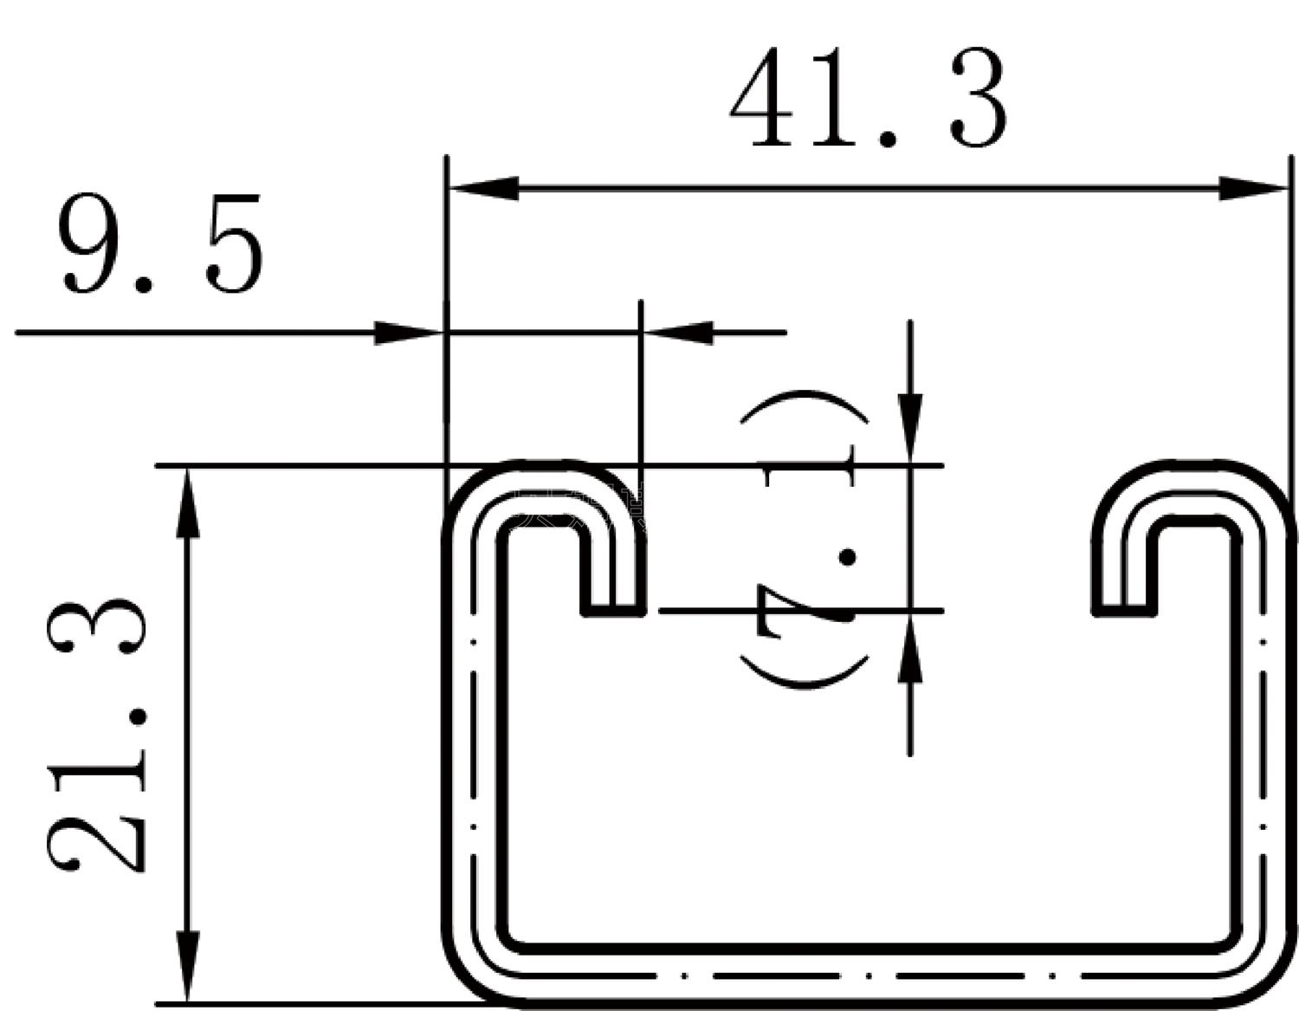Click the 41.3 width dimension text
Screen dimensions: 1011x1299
[869, 99]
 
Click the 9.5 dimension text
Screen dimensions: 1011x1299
[161, 245]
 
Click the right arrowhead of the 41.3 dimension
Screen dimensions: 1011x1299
[1252, 187]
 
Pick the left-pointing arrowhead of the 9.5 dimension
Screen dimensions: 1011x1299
[680, 333]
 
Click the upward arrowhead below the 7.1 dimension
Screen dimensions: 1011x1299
[909, 650]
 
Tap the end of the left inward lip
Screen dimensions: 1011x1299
[613, 606]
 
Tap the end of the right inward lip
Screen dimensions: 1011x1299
[1124, 606]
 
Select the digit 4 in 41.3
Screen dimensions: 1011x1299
[762, 99]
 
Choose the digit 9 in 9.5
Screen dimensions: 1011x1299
[92, 245]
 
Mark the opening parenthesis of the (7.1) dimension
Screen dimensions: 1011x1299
[804, 671]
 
